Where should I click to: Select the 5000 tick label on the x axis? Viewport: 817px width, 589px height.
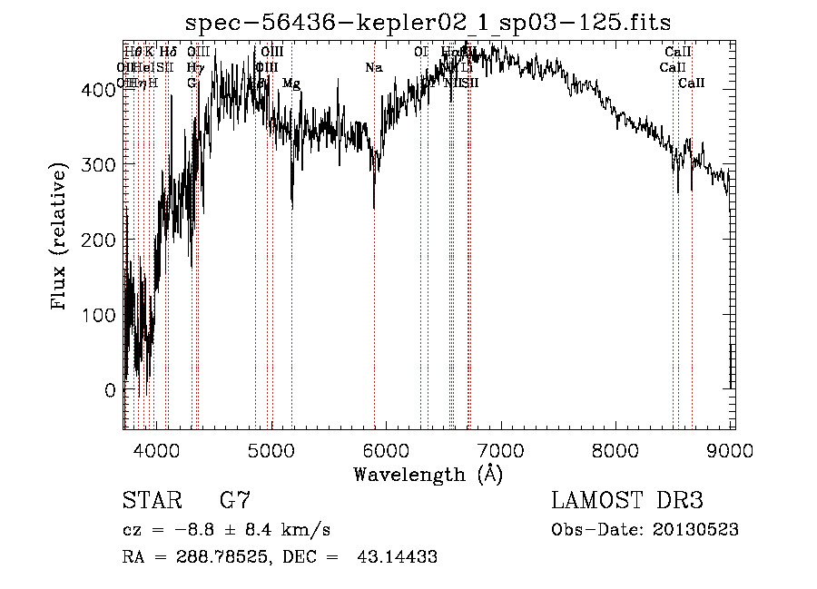click(x=271, y=449)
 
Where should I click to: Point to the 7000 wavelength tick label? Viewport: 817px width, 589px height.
click(x=502, y=449)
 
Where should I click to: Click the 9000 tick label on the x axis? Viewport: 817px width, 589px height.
click(x=733, y=449)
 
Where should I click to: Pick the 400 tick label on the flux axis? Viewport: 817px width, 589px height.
click(x=101, y=88)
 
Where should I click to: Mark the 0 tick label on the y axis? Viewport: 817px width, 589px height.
click(x=110, y=390)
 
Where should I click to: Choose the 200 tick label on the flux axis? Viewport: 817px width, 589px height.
click(x=101, y=240)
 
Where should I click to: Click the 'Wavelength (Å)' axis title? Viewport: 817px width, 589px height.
click(x=428, y=474)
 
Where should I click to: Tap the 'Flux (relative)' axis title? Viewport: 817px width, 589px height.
click(x=61, y=239)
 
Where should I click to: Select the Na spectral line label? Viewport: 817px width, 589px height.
click(x=374, y=67)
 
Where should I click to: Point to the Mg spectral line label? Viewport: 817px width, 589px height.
click(x=291, y=83)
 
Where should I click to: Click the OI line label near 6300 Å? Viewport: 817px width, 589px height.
click(x=421, y=52)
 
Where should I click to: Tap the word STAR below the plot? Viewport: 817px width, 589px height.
click(x=150, y=500)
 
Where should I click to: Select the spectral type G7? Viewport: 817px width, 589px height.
click(x=235, y=500)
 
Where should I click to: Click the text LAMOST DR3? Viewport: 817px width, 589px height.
click(x=627, y=500)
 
